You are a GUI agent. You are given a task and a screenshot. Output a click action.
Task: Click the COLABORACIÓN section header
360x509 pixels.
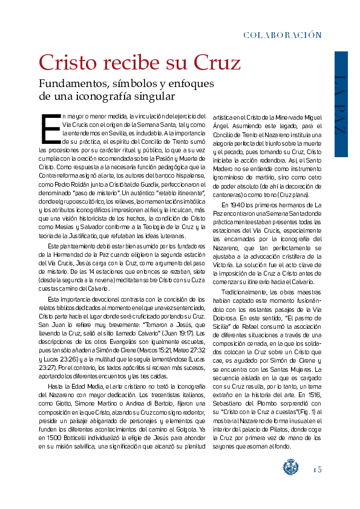[282, 35]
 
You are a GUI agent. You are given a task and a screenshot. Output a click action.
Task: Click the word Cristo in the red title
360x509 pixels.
[68, 62]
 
